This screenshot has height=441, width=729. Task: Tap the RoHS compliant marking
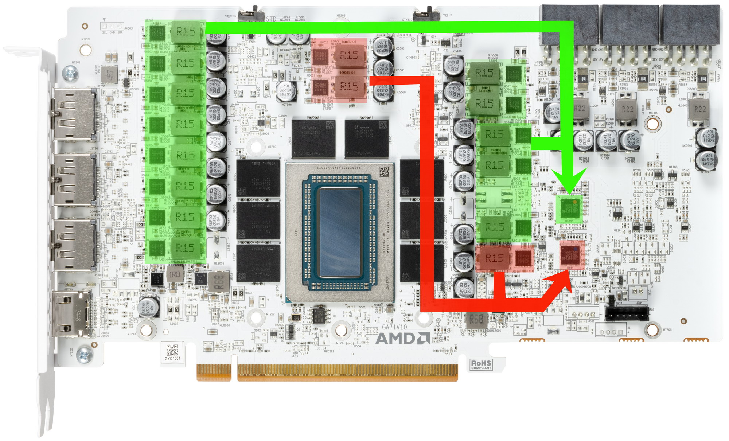481,364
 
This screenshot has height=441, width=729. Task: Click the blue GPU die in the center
340,233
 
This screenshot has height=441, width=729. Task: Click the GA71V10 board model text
394,327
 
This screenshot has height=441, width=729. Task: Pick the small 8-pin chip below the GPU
320,316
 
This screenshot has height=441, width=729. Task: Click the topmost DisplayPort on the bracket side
74,114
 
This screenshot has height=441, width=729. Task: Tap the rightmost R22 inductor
700,109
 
